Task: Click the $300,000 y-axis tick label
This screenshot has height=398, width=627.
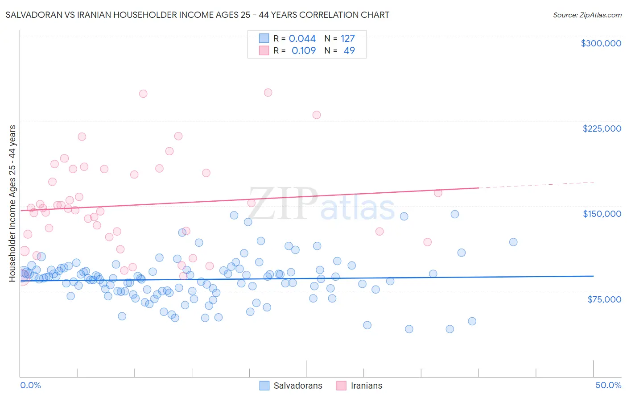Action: point(601,43)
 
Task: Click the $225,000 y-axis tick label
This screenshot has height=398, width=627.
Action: point(602,129)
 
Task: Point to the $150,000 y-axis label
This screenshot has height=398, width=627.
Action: point(602,214)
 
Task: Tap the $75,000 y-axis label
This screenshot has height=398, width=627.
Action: point(604,299)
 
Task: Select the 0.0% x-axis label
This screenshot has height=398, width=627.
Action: point(30,386)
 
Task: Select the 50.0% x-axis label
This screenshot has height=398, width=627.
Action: point(608,386)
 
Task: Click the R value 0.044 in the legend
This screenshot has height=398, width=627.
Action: point(302,39)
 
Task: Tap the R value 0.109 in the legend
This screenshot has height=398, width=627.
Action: point(303,51)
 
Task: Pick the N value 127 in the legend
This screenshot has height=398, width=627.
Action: point(348,39)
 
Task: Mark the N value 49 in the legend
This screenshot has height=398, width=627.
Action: point(349,51)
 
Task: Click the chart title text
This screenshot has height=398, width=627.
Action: point(198,15)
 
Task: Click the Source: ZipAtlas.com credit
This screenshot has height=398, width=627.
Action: point(587,15)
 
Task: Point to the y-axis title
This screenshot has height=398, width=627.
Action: point(12,203)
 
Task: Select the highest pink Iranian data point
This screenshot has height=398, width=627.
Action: point(268,93)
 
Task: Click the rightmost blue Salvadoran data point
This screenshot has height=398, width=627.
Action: point(513,242)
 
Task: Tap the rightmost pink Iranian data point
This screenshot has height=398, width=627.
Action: point(438,193)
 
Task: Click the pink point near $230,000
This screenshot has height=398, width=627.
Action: point(317,115)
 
